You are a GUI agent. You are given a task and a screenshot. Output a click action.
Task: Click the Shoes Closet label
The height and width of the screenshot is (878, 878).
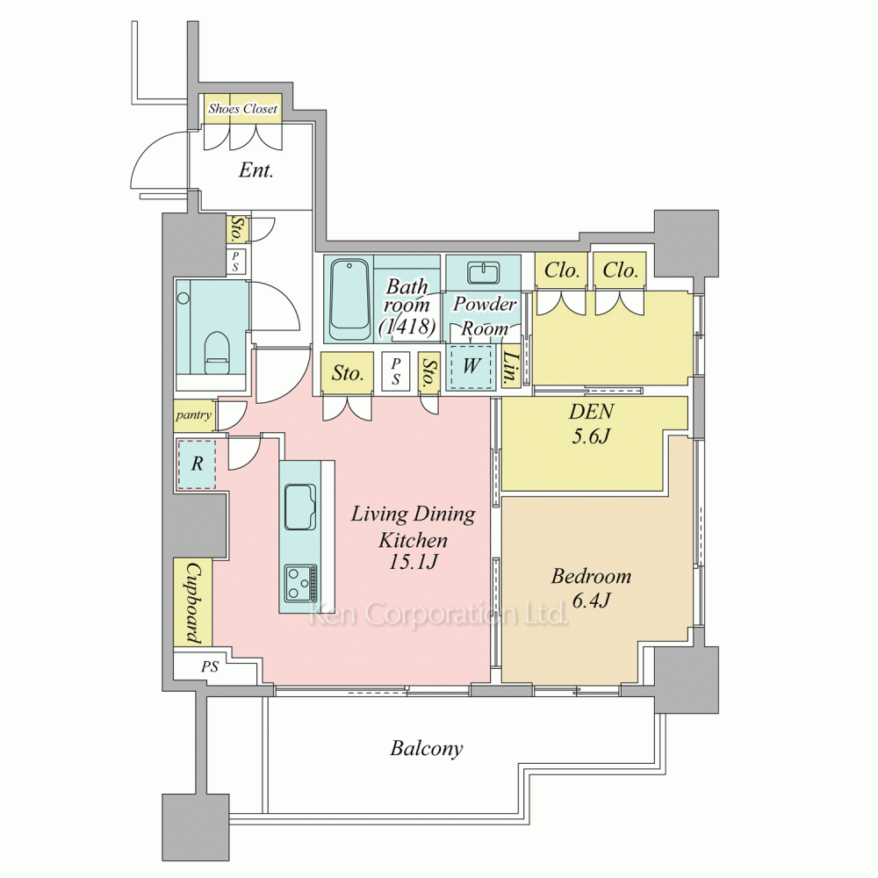(x=242, y=109)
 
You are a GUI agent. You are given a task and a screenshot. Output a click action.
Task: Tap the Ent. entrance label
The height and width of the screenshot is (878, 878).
(x=255, y=169)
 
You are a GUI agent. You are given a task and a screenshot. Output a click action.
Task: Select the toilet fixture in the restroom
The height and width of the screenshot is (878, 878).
(x=217, y=353)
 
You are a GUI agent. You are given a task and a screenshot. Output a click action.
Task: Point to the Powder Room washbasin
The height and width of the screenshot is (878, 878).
(x=484, y=273)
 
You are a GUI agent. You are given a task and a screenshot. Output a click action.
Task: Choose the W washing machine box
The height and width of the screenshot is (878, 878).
(x=471, y=367)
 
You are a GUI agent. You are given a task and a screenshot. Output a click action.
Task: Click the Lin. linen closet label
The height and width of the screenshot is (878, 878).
(x=510, y=369)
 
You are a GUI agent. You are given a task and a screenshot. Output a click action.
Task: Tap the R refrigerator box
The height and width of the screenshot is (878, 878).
(x=197, y=464)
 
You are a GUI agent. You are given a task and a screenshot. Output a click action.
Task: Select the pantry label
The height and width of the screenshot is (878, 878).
(x=194, y=415)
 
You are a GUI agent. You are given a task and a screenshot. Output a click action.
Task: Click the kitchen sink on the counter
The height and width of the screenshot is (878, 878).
(x=300, y=507)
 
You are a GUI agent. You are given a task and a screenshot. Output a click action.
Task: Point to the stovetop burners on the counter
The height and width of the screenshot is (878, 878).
(x=300, y=583)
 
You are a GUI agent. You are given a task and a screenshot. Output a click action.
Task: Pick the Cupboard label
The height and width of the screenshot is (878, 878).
(x=193, y=603)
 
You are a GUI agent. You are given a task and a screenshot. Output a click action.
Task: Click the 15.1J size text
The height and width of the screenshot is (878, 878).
(x=414, y=562)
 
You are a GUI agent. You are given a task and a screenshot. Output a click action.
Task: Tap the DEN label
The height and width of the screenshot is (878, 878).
(x=591, y=412)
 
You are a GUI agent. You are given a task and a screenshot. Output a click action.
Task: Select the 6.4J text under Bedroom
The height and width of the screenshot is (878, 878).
(x=591, y=601)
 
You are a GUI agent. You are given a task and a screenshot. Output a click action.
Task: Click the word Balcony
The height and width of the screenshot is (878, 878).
(x=427, y=749)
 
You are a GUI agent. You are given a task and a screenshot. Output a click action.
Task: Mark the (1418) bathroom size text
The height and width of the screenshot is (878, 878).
(x=407, y=327)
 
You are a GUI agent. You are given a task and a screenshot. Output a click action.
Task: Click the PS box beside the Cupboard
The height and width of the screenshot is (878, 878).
(x=210, y=667)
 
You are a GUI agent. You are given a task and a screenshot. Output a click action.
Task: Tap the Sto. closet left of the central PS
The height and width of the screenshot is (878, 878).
(x=347, y=373)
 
